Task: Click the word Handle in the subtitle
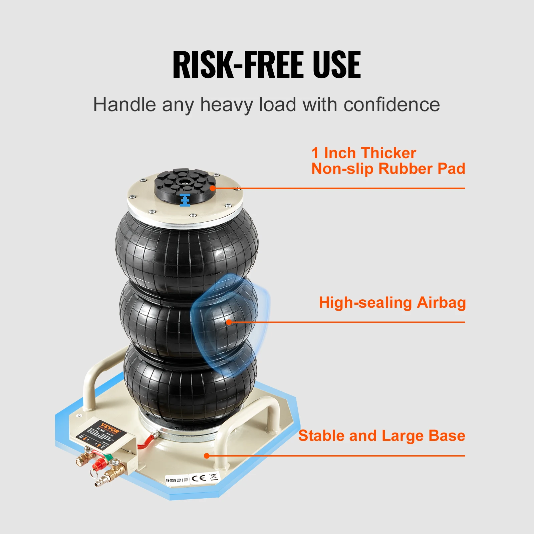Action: click(124, 105)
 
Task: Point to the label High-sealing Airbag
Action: click(392, 303)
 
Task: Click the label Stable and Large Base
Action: click(381, 436)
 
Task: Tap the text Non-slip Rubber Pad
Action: click(388, 169)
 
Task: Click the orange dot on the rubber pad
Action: click(213, 188)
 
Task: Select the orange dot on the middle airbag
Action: click(229, 322)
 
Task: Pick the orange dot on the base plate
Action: click(207, 456)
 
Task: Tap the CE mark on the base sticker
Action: click(199, 478)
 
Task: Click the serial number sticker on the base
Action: click(177, 481)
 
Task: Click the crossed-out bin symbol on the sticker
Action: click(213, 477)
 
